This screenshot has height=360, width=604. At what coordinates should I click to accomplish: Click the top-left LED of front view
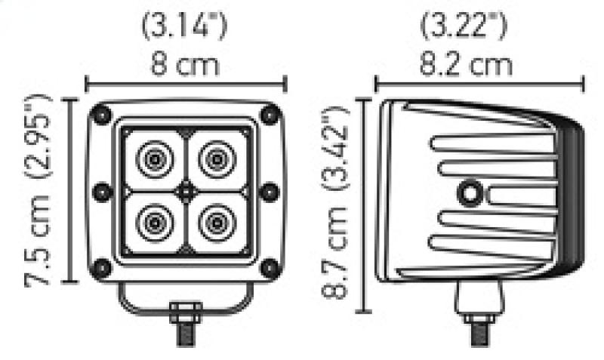154,159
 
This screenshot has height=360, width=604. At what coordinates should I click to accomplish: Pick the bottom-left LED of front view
154,222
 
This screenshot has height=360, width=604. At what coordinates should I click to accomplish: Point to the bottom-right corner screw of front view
268,267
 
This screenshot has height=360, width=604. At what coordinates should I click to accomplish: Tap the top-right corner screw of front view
268,115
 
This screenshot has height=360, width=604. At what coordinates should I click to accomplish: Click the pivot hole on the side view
472,192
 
